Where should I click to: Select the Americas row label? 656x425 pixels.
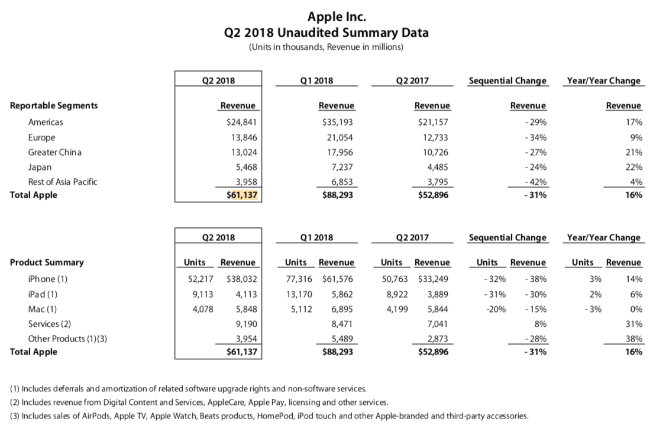46,123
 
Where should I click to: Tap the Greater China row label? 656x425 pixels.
55,152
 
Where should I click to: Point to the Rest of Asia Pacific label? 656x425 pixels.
63,182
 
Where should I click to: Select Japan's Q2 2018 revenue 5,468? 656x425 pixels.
245,167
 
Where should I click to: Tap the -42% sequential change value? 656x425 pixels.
535,182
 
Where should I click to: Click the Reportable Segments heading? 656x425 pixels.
54,106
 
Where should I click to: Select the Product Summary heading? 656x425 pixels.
47,262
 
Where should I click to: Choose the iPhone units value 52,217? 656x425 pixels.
195,279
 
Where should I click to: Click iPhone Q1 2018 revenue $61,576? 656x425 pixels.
338,279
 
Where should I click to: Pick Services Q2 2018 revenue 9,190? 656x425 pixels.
245,323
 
